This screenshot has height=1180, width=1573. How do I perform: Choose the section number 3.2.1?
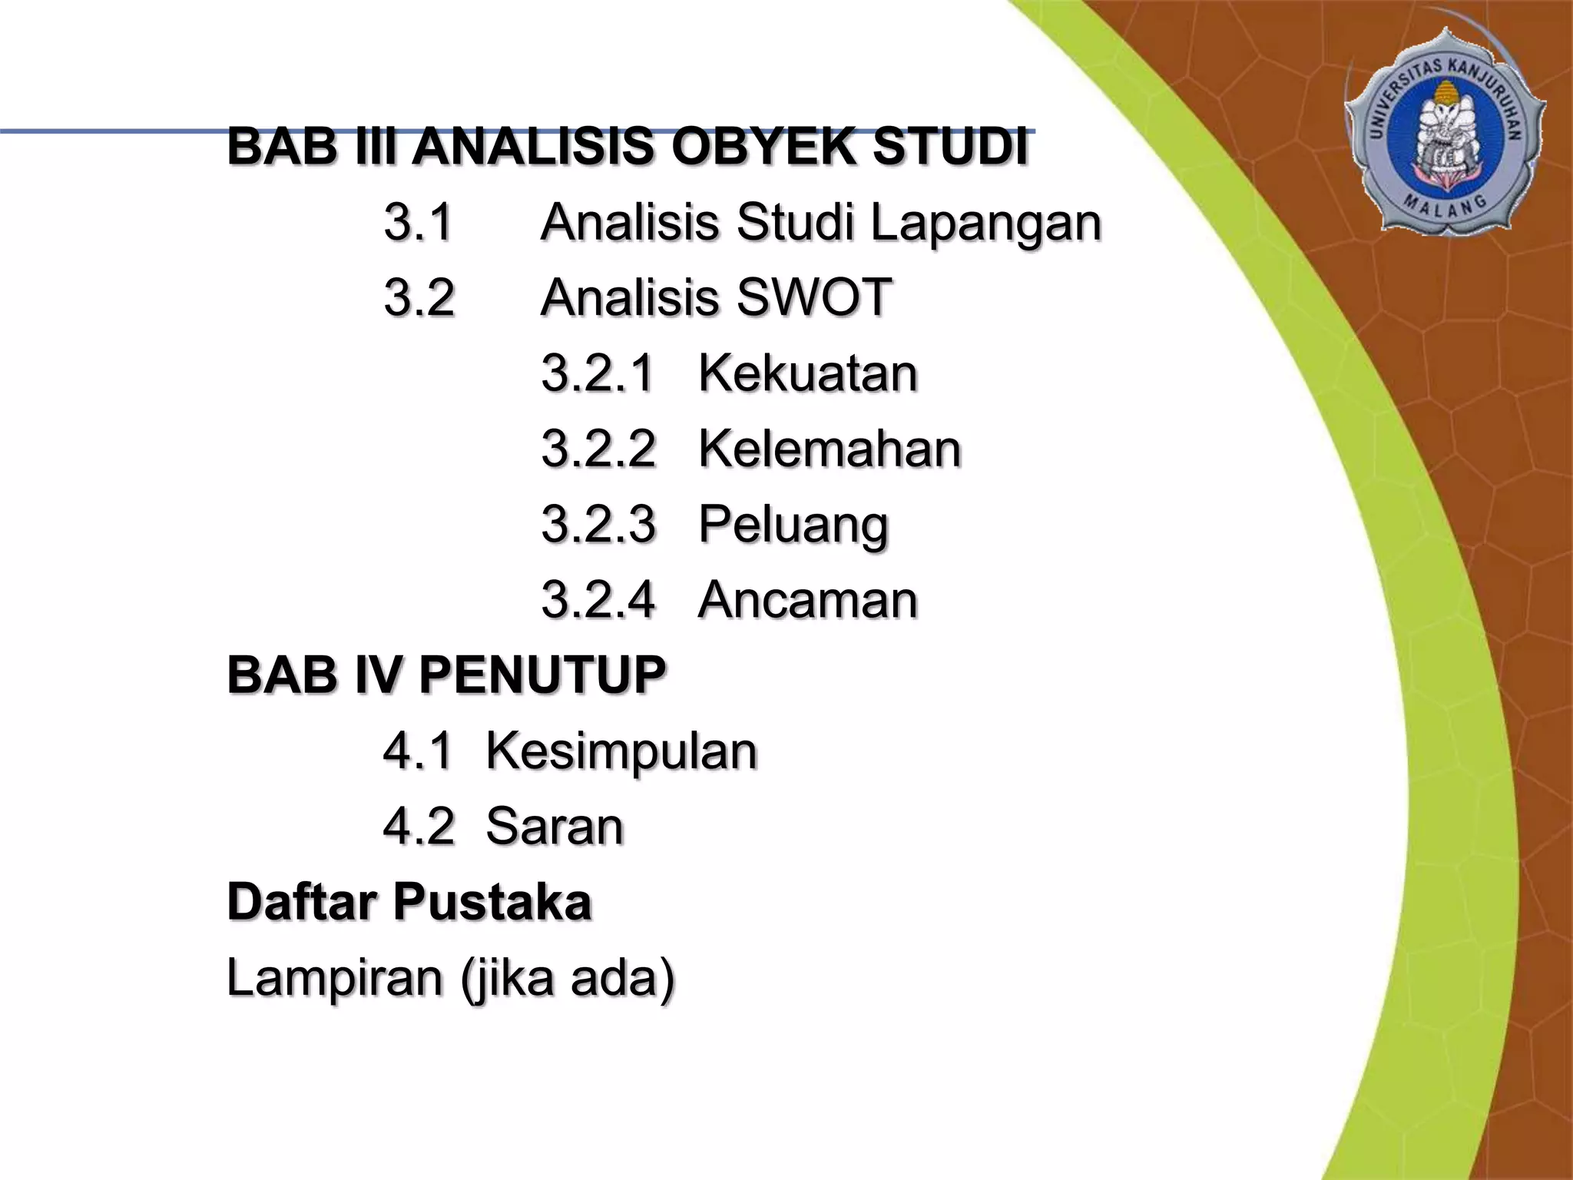[x=598, y=373]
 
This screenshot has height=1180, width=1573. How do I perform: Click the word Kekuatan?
[x=808, y=373]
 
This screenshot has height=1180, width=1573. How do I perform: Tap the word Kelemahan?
[x=830, y=449]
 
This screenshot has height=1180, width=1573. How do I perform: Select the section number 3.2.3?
[x=598, y=524]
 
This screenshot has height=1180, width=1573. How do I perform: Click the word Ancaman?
[x=808, y=599]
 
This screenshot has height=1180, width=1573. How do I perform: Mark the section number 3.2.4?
[x=598, y=599]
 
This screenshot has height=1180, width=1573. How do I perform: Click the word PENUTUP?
[x=542, y=675]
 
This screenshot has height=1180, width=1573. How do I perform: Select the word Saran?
[x=555, y=827]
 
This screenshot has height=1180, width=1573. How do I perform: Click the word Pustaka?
[x=492, y=902]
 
